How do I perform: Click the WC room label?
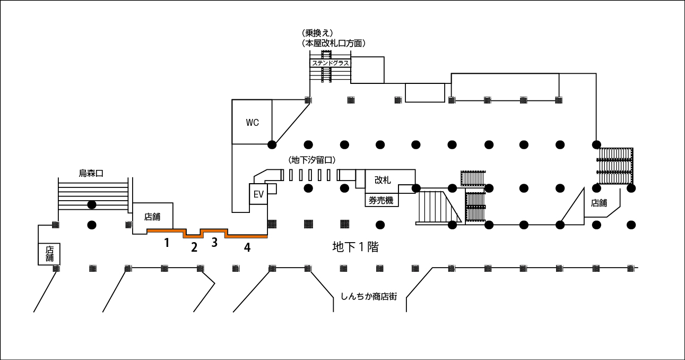(252, 123)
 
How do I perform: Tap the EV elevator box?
(258, 194)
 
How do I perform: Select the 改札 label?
(382, 180)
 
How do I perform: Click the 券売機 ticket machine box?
(381, 200)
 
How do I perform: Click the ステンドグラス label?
(330, 63)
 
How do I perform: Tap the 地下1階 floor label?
(355, 247)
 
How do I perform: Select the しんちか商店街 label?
(368, 296)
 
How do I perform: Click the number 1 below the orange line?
(167, 243)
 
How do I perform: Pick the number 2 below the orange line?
(194, 247)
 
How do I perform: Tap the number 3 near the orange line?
(214, 243)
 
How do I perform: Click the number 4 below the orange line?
(247, 247)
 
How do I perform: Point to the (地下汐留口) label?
(312, 160)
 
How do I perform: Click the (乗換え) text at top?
(317, 33)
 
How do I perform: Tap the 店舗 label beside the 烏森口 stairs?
(152, 217)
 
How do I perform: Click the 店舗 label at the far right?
(599, 203)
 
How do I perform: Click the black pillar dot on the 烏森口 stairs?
(92, 204)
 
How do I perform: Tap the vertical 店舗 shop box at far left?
(49, 254)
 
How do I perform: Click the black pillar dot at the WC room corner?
(272, 144)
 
